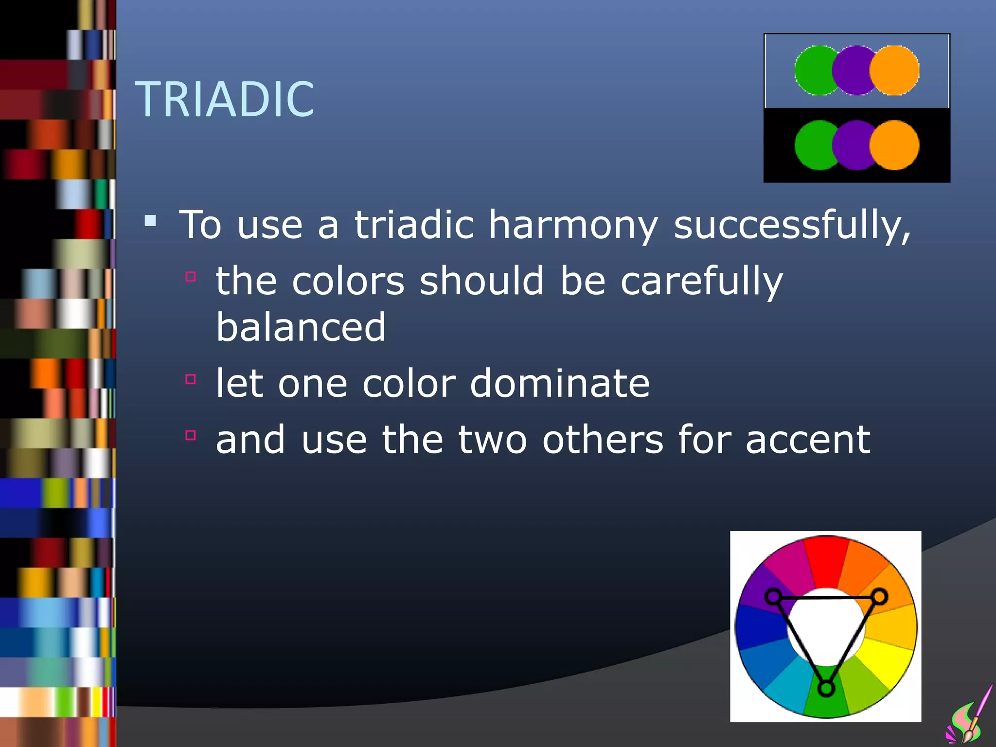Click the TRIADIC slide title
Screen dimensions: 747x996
[x=225, y=100]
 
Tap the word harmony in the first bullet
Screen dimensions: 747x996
[x=573, y=225]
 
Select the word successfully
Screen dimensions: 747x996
[x=792, y=225]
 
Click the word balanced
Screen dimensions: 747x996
[x=301, y=327]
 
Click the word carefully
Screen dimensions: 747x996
[x=701, y=282]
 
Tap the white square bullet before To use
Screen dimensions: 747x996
[x=150, y=221]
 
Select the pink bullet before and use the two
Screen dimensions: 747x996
[x=191, y=435]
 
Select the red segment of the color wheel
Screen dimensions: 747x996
[x=826, y=559]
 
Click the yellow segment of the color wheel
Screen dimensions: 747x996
[x=888, y=661]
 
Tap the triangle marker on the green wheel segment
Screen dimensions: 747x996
[x=826, y=688]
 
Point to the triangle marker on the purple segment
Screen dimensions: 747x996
[x=773, y=596]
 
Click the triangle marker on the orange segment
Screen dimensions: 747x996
[x=879, y=596]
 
